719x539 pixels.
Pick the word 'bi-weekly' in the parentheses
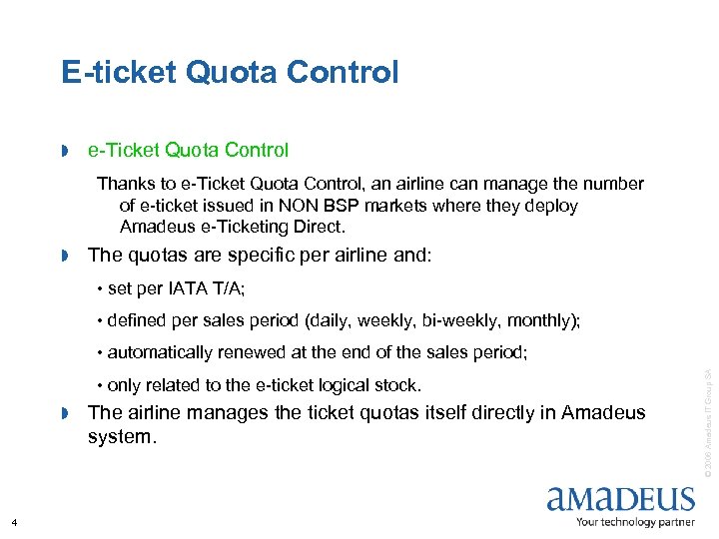(x=467, y=320)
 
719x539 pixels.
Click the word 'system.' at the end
(x=122, y=437)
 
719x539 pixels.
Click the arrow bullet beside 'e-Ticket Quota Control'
(x=64, y=152)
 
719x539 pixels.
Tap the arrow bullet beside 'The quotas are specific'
(x=64, y=257)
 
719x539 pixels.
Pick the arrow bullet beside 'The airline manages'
(x=64, y=414)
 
